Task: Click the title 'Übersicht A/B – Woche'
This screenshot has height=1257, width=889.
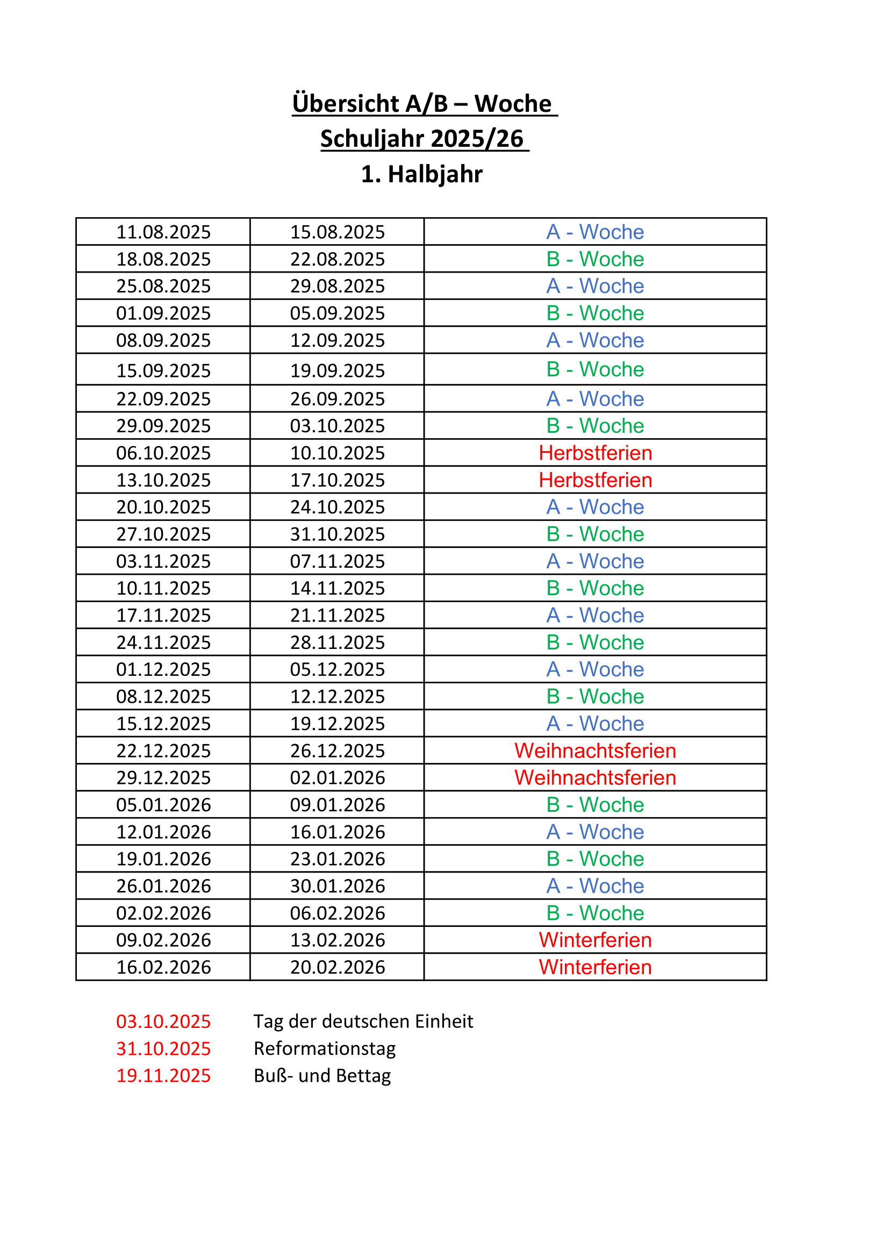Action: coord(424,103)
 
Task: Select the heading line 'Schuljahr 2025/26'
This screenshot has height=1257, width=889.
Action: coord(424,139)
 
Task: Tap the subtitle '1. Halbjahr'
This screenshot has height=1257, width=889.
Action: coord(421,174)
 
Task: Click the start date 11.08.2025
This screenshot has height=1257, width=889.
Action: coord(163,232)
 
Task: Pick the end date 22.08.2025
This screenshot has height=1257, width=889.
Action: coord(337,259)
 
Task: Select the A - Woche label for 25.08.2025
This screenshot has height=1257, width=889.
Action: coord(595,286)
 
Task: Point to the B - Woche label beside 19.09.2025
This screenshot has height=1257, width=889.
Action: coord(595,369)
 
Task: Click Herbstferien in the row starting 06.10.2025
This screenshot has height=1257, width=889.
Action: coord(595,453)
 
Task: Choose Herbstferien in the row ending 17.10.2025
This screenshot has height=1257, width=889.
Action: coord(595,480)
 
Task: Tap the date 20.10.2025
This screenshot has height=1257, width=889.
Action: coord(163,507)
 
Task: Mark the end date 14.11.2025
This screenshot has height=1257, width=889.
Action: coord(337,588)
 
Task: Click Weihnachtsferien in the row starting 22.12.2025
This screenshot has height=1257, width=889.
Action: coord(595,751)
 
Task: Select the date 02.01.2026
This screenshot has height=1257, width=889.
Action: coord(337,777)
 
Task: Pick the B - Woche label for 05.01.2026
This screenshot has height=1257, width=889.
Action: coord(595,805)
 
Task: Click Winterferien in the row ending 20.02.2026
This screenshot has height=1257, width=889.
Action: coord(595,967)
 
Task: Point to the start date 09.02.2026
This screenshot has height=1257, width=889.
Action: coord(163,940)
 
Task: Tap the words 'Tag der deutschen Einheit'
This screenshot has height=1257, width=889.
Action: coord(363,1022)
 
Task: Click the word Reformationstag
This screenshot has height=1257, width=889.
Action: coord(325,1048)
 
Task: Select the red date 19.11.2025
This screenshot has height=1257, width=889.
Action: coord(163,1076)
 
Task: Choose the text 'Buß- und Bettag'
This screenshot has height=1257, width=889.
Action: coord(322,1076)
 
